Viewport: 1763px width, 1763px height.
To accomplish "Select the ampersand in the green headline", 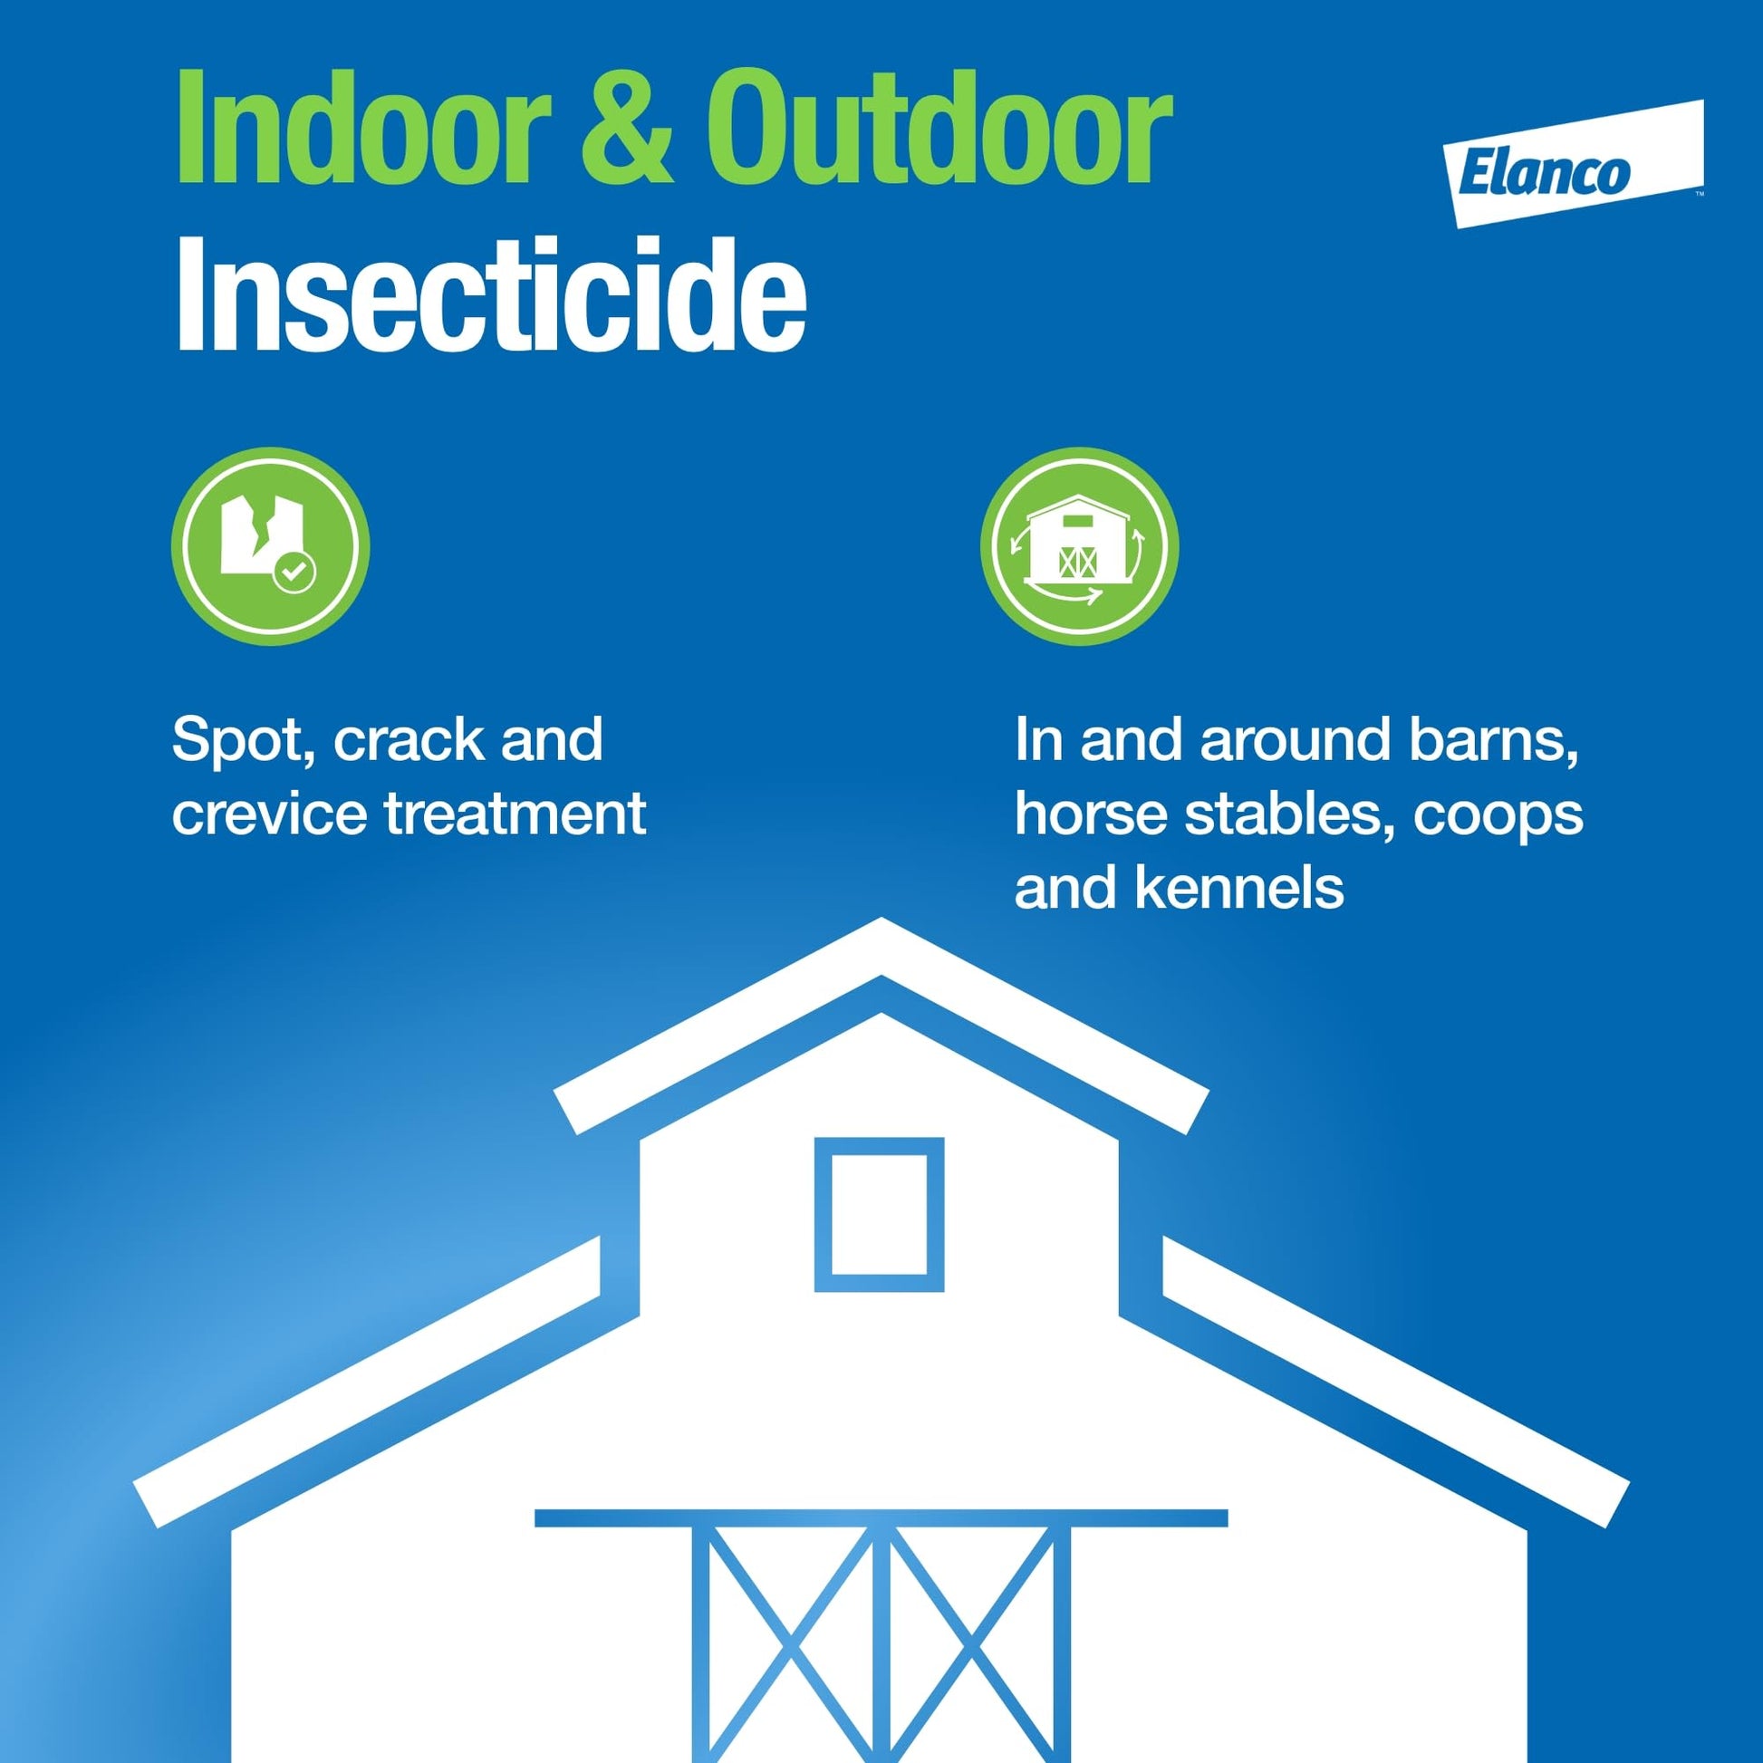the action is (x=627, y=130).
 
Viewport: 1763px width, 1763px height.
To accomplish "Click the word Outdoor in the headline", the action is (x=937, y=130).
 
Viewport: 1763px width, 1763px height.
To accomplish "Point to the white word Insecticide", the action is (x=491, y=293).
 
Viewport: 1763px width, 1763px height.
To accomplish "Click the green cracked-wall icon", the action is (x=270, y=545).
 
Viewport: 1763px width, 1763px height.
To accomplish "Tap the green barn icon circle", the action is (x=1080, y=545).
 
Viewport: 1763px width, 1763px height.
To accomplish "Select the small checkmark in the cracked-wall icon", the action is (x=294, y=573).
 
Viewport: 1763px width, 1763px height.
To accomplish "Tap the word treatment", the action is (x=515, y=814).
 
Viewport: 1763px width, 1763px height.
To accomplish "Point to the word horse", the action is (x=1091, y=814).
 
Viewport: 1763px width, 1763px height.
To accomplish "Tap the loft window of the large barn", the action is (x=879, y=1215).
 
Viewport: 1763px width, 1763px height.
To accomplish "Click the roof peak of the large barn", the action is (x=881, y=920).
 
